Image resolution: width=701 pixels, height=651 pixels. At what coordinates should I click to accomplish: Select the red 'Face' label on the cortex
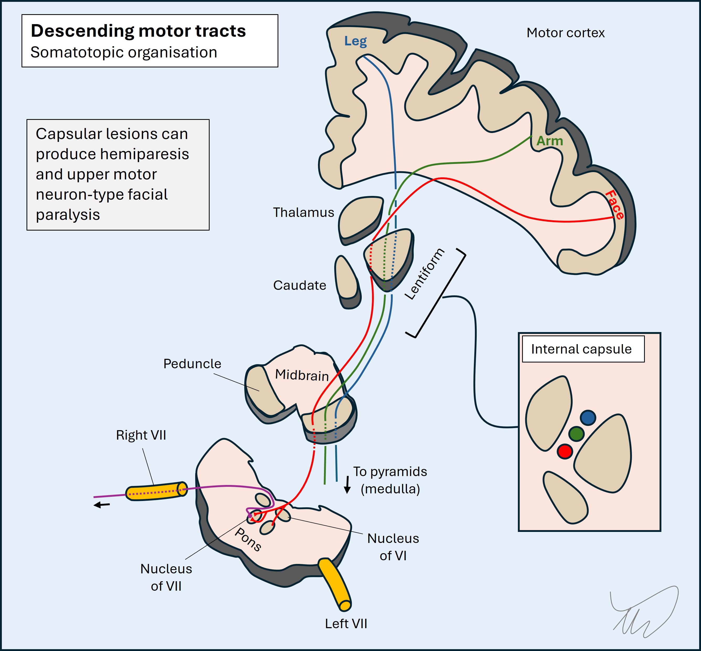[x=615, y=205]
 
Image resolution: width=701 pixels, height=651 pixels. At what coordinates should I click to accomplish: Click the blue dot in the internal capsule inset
[x=588, y=418]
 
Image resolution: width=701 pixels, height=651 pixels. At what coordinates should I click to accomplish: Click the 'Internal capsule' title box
[x=583, y=349]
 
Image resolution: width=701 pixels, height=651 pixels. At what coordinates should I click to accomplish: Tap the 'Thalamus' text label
[x=303, y=212]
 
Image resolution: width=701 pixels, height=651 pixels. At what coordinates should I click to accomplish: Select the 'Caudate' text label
[x=299, y=285]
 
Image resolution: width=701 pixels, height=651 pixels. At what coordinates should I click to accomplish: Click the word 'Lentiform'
[x=424, y=274]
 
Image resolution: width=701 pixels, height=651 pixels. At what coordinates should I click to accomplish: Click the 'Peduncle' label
[x=192, y=364]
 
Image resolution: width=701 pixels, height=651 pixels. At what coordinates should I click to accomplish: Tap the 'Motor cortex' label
[x=565, y=33]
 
